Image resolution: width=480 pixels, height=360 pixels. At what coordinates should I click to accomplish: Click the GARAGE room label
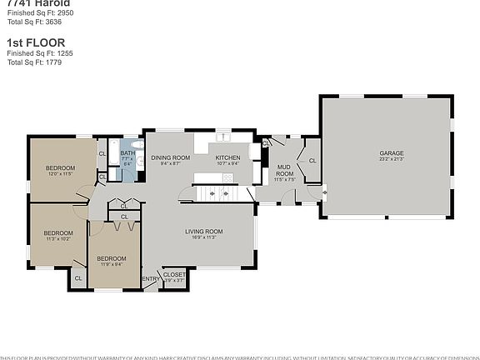tap(392, 153)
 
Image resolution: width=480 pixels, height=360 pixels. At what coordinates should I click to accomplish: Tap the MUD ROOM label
tap(285, 169)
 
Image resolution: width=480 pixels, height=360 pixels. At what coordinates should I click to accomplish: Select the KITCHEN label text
tap(227, 157)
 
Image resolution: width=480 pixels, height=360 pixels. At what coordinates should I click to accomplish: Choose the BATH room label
tap(127, 153)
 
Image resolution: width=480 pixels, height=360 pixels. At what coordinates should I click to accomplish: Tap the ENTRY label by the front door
tap(150, 279)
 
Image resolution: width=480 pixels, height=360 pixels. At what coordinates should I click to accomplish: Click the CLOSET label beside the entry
tap(174, 274)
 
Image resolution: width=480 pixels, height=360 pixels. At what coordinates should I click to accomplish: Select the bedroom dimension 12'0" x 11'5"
tap(59, 175)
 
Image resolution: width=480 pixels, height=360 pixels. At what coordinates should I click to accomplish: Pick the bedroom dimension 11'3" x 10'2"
tap(57, 239)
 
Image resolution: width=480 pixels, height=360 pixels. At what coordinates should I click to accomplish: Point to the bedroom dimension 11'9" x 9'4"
tap(111, 265)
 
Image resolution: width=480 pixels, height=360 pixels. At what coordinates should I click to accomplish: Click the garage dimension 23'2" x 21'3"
tap(392, 159)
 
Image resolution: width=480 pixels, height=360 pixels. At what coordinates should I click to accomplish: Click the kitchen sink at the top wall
tap(224, 137)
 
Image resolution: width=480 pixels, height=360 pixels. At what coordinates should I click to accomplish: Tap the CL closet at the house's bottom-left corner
tap(78, 278)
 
